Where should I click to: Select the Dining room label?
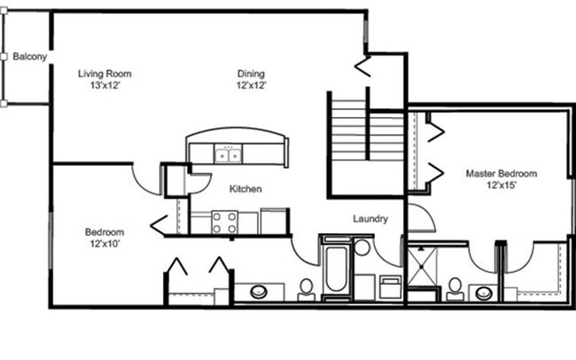coord(252,74)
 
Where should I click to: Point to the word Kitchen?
coord(245,189)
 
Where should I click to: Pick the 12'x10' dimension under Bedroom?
coord(103,244)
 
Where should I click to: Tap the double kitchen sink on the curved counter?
coord(229,156)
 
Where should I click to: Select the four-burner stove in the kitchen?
coord(224,222)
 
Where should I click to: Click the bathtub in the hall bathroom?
coord(335,270)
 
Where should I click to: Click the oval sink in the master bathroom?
coord(485,291)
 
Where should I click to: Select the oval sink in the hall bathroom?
coord(260,291)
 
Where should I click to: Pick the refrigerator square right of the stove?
coord(274,221)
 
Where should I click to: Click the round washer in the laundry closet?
coord(362,247)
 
